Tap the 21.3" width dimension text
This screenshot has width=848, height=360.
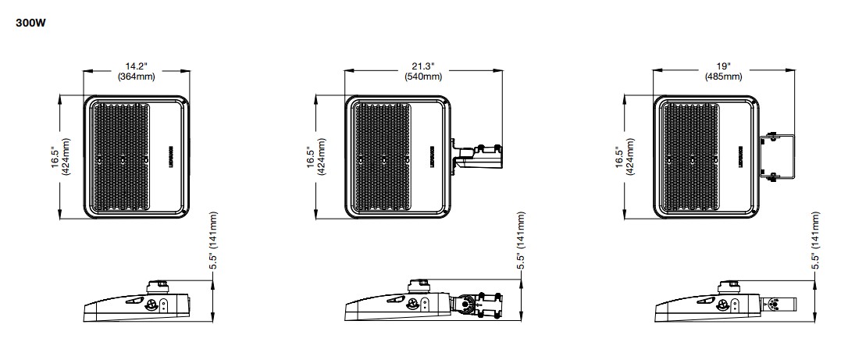point(422,66)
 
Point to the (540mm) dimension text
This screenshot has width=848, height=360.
point(422,77)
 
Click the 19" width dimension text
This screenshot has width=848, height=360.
point(723,66)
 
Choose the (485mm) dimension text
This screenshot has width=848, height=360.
point(723,77)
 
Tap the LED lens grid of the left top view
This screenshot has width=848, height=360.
point(120,156)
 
